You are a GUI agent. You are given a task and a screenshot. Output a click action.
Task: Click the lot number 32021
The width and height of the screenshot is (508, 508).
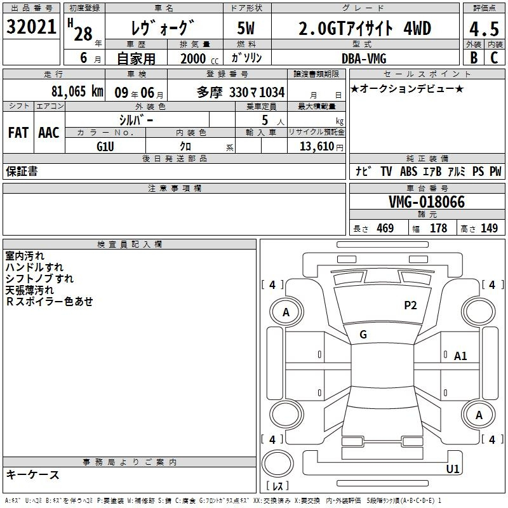coord(31,27)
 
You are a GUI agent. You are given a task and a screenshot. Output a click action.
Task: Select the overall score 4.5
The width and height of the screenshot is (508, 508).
coord(484,29)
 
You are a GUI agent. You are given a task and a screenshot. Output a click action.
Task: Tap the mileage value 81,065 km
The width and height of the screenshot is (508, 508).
coord(77,91)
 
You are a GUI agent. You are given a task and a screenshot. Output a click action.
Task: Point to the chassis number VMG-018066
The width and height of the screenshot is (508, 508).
coord(427,202)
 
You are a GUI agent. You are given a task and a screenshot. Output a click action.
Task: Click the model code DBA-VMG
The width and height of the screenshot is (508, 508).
coord(364,58)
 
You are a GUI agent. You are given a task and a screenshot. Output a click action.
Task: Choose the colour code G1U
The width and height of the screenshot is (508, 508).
coord(105,147)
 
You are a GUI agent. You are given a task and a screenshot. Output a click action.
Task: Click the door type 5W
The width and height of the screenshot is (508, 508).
coord(246,28)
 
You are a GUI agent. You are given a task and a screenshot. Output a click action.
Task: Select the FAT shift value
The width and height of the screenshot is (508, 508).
coord(18,133)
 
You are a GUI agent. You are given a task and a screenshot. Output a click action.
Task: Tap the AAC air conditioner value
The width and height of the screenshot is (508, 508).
coord(49,133)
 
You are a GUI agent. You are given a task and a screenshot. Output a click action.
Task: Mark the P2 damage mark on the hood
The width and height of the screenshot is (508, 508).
coord(410,305)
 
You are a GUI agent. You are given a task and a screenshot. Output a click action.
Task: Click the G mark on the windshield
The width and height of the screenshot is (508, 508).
coord(363,335)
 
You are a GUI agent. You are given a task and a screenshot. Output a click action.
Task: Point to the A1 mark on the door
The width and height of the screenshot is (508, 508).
coord(460,356)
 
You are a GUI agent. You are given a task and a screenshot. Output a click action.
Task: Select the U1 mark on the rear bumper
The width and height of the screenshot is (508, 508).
coord(453,469)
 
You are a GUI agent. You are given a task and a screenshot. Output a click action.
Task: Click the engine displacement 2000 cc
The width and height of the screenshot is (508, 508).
coord(199,59)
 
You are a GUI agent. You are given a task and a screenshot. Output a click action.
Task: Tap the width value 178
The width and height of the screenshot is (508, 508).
coord(438,228)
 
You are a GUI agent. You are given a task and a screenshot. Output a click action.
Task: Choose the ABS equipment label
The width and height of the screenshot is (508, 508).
coord(408,171)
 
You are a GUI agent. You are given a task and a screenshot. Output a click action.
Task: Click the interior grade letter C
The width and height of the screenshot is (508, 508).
coord(494,58)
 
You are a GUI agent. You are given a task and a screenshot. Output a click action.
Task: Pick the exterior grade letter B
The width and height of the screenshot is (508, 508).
coord(474,58)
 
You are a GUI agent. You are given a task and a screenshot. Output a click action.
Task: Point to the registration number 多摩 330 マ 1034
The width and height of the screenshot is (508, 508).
coord(241,93)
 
